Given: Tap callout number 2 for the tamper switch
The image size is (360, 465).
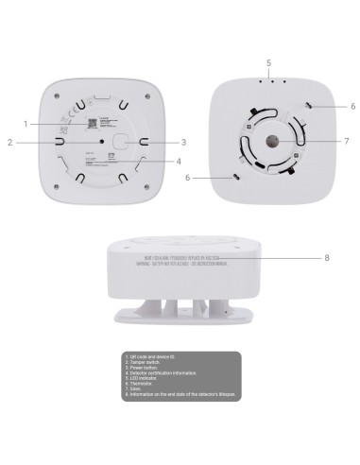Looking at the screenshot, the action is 9,143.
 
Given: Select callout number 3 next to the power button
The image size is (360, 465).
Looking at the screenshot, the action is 182,143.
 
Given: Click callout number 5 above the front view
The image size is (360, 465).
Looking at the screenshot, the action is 268,62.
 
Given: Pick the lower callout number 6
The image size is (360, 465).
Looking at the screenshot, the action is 186,177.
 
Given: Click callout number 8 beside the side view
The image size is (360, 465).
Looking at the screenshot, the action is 326,257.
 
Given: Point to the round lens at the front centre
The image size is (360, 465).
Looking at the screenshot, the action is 270,142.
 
